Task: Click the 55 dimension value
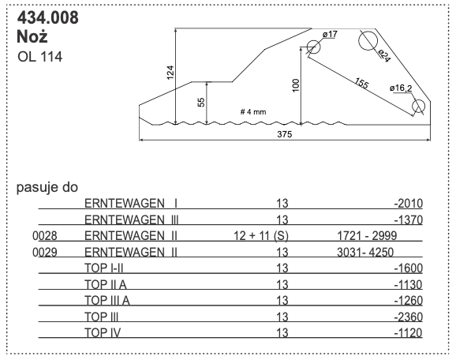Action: [201, 102]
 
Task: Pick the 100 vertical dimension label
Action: [295, 85]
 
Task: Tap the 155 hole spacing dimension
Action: [361, 82]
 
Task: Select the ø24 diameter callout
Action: [384, 55]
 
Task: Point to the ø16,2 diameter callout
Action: [400, 88]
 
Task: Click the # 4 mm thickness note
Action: [252, 111]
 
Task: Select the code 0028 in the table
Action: [46, 236]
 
